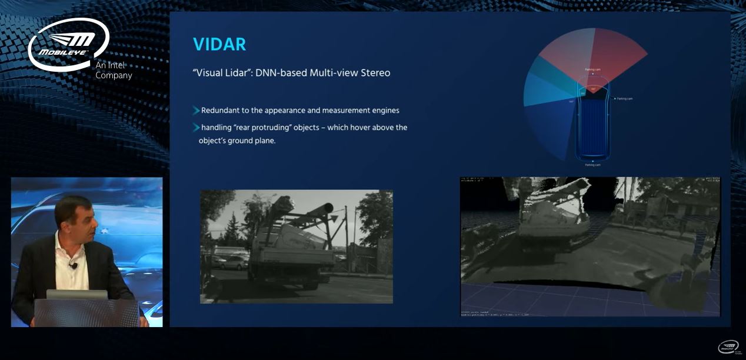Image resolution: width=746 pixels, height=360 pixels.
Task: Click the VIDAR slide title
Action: (219, 44)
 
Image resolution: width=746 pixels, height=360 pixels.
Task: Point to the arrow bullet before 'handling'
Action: (196, 127)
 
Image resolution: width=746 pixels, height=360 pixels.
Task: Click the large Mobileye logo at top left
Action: (68, 44)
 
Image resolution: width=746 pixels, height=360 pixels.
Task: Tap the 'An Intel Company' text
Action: (114, 71)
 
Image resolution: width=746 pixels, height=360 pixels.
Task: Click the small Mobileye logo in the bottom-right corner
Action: (728, 347)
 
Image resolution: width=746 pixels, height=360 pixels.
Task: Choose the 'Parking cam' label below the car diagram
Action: (593, 165)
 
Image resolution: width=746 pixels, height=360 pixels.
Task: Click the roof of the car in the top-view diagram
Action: (593, 118)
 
